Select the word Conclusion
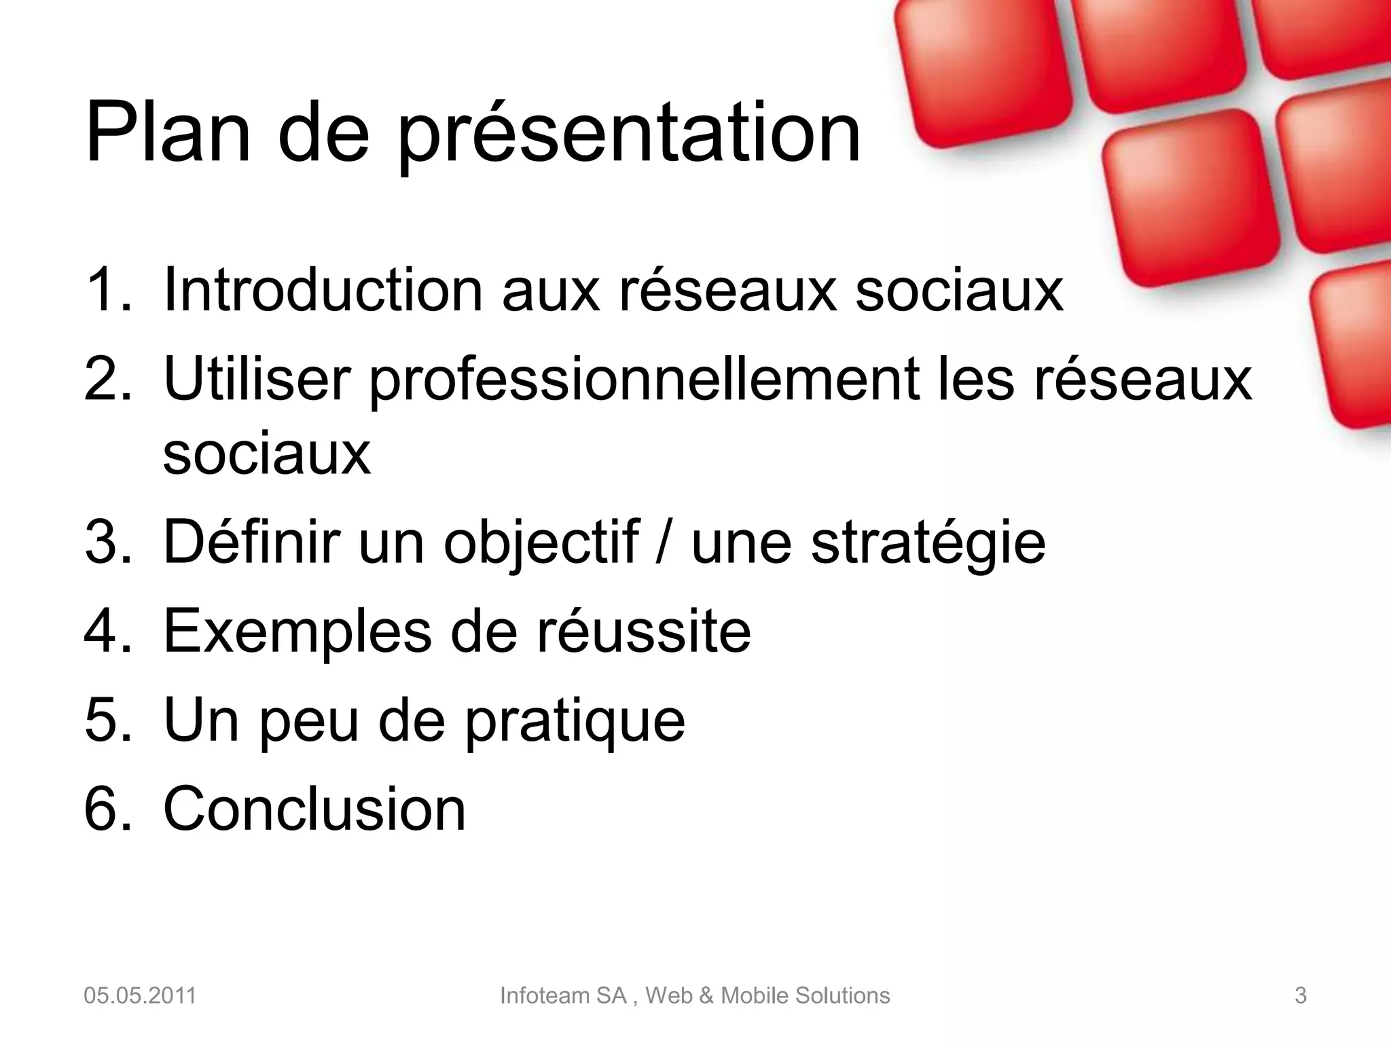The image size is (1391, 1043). [314, 808]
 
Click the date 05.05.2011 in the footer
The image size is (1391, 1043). [140, 995]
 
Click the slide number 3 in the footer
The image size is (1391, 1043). [1300, 995]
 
